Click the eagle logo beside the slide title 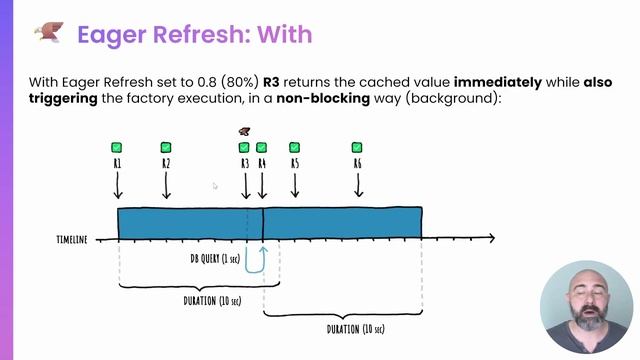click(x=46, y=34)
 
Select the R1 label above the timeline click(x=117, y=163)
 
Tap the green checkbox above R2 click(x=166, y=148)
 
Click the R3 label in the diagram click(x=245, y=163)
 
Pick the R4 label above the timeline click(x=262, y=163)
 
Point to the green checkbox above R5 click(x=294, y=148)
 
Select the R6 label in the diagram click(x=358, y=163)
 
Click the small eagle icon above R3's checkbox click(x=244, y=131)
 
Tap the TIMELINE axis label click(x=71, y=240)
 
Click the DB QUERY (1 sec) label click(x=216, y=258)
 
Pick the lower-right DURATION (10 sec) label click(x=355, y=329)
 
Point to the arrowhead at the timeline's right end click(x=490, y=238)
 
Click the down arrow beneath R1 click(x=117, y=185)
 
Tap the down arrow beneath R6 click(x=358, y=185)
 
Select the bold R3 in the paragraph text click(x=276, y=79)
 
